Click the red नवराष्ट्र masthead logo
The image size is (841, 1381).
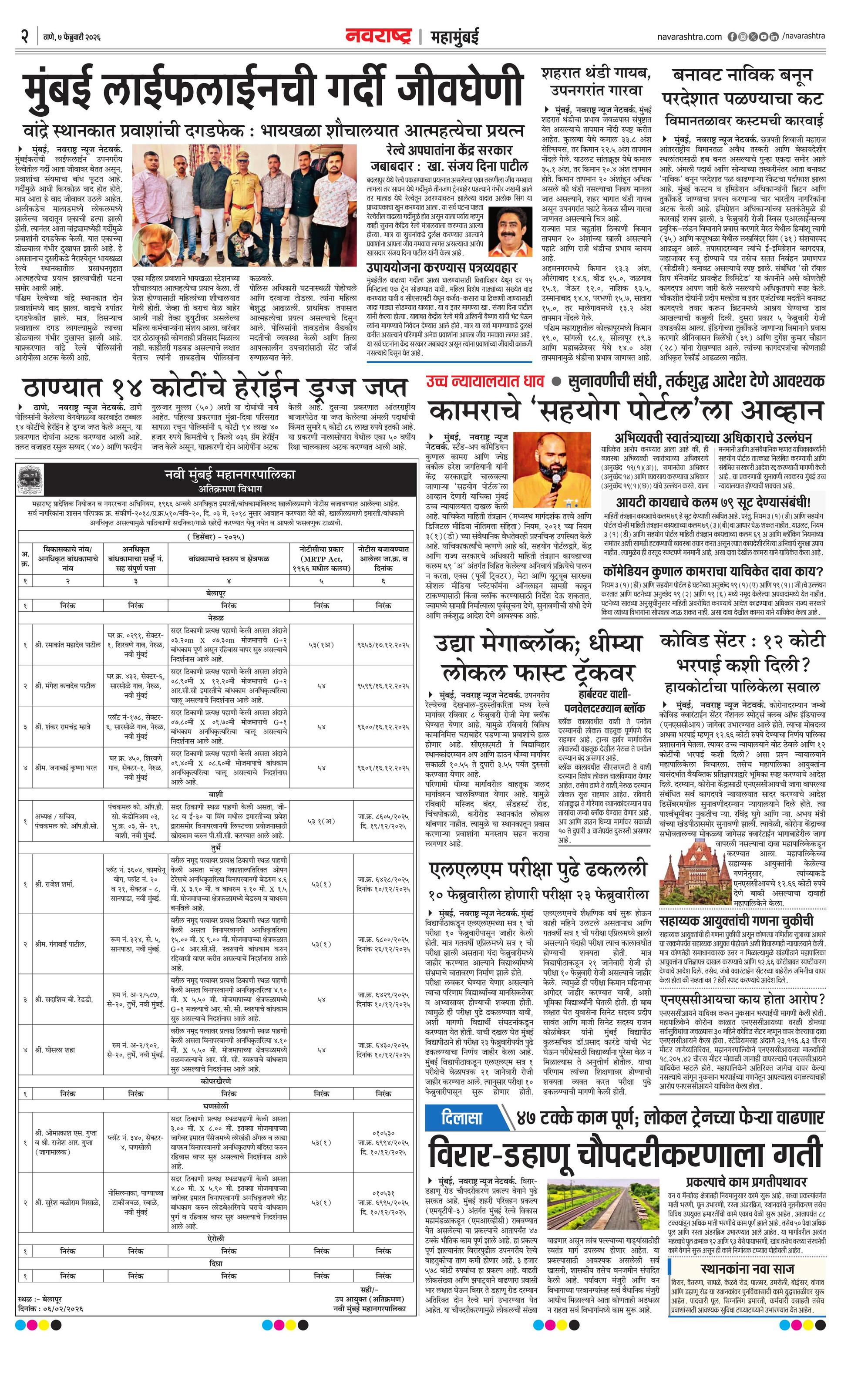[378, 37]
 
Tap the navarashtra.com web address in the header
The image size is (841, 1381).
[689, 37]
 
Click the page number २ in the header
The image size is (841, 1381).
[24, 37]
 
